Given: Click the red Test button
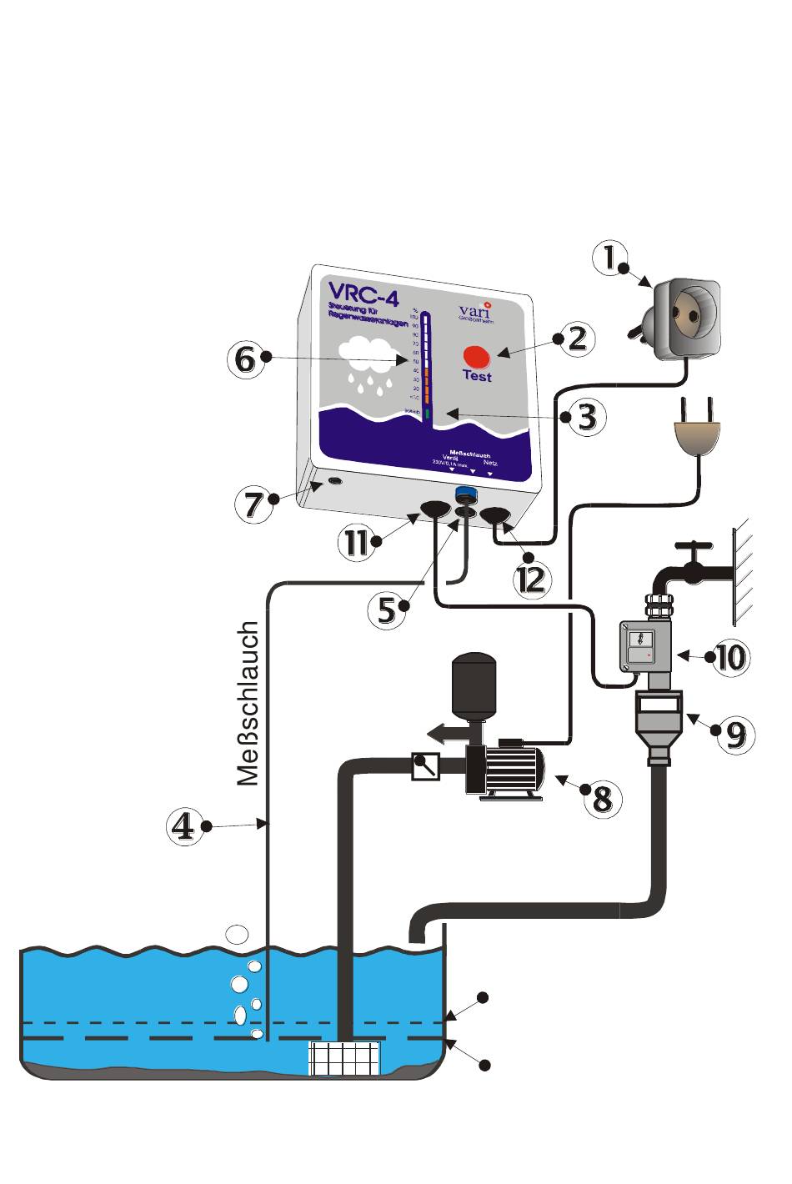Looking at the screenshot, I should point(478,355).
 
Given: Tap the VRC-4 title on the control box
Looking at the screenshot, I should point(362,293).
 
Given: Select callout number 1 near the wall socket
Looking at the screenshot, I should point(611,258).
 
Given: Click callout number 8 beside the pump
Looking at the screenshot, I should point(602,798).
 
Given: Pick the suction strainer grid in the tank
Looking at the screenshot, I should point(344,1058).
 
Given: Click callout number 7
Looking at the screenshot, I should point(253,504).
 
